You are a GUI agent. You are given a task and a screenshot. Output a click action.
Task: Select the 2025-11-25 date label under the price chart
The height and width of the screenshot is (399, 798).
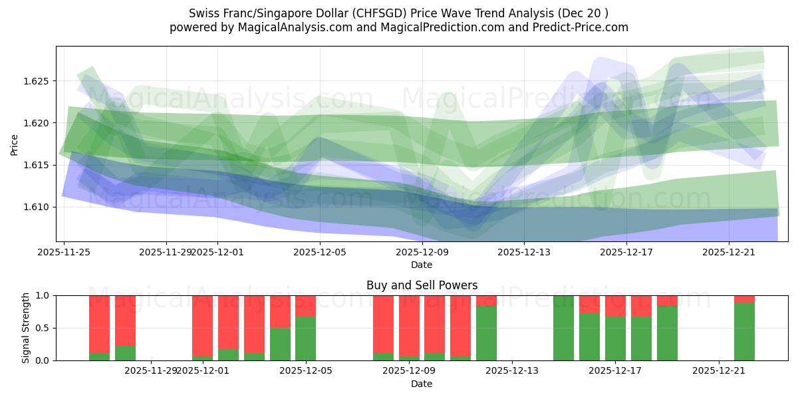point(64,252)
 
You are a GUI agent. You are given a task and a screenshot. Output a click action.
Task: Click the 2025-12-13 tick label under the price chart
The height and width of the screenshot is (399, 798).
point(524,252)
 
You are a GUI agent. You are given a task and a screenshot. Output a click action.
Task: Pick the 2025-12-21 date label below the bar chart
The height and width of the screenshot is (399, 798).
point(720,370)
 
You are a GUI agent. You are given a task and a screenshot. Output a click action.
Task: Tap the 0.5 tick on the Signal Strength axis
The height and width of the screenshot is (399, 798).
point(44,328)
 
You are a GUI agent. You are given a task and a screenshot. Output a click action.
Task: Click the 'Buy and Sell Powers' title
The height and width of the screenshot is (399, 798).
point(422,285)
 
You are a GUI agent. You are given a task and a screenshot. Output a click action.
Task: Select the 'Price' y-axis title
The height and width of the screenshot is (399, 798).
point(15,144)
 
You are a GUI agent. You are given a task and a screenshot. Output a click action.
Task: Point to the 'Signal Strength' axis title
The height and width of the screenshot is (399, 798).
point(25,328)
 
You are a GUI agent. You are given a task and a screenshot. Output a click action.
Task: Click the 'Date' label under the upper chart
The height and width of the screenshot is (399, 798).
point(422,265)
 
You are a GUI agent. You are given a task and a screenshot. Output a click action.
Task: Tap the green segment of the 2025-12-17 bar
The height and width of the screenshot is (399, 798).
point(615,338)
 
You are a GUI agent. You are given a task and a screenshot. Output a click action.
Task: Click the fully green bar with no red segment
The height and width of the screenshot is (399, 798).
point(563,328)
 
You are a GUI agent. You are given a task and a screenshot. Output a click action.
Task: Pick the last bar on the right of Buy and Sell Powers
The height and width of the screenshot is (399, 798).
point(744,331)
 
